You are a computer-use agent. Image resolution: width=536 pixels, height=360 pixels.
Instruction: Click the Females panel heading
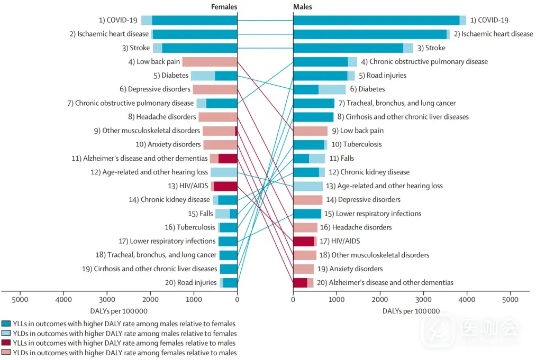click(224, 7)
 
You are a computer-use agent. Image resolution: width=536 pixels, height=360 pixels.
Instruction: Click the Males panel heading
click(303, 7)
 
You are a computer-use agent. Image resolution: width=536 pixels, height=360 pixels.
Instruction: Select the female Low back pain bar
click(210, 62)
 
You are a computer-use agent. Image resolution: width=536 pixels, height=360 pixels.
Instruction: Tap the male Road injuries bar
click(324, 76)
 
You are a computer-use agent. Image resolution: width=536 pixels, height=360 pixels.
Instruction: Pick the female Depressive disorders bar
click(215, 89)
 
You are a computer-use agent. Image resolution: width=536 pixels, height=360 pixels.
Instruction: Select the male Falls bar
click(309, 158)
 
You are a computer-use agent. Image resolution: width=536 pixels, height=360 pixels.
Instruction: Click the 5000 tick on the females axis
click(20, 300)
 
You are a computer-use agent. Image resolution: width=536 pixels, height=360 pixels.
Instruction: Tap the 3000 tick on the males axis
click(423, 300)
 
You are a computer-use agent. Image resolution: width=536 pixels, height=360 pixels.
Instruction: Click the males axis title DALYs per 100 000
click(411, 311)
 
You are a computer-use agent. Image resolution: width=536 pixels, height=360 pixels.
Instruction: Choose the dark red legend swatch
click(6, 343)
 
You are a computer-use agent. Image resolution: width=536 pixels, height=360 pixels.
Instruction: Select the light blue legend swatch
click(6, 334)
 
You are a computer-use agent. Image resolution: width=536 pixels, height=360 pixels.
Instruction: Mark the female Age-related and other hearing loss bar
click(224, 172)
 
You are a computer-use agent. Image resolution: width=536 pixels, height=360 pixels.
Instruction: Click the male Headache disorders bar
click(305, 227)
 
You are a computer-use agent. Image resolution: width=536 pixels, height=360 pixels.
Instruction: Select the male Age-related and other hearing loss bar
click(308, 186)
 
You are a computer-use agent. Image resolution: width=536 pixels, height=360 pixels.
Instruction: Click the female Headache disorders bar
click(218, 117)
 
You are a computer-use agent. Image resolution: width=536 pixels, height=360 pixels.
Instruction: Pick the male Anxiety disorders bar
click(303, 269)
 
